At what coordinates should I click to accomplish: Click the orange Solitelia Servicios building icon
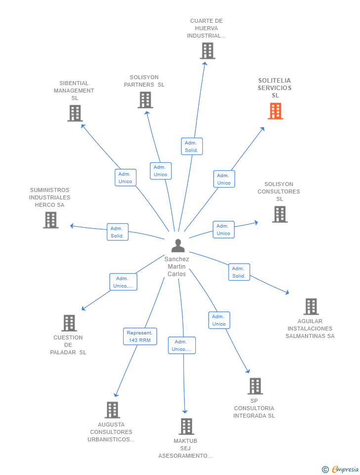275,111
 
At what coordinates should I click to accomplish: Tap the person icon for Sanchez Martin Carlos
178,245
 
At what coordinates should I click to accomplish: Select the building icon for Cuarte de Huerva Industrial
207,50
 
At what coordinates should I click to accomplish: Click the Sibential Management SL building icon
75,113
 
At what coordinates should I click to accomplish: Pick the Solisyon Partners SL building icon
145,100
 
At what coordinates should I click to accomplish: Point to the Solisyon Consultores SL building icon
279,214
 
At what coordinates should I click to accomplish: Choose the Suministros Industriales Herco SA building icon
50,220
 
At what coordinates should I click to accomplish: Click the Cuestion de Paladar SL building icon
69,323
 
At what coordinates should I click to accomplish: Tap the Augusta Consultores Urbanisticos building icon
112,410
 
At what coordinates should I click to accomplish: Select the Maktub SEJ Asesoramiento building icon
186,426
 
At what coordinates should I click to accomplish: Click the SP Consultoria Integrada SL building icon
255,386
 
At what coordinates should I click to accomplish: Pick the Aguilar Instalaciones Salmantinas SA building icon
311,307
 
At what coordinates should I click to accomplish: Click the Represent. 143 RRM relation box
140,336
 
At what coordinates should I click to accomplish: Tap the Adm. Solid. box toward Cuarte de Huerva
191,146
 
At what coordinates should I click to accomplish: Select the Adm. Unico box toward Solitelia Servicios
224,179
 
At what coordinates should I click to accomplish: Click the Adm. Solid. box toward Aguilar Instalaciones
239,272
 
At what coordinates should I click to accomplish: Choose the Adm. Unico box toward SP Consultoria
219,320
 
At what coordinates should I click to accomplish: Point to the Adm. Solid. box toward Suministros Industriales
117,232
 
